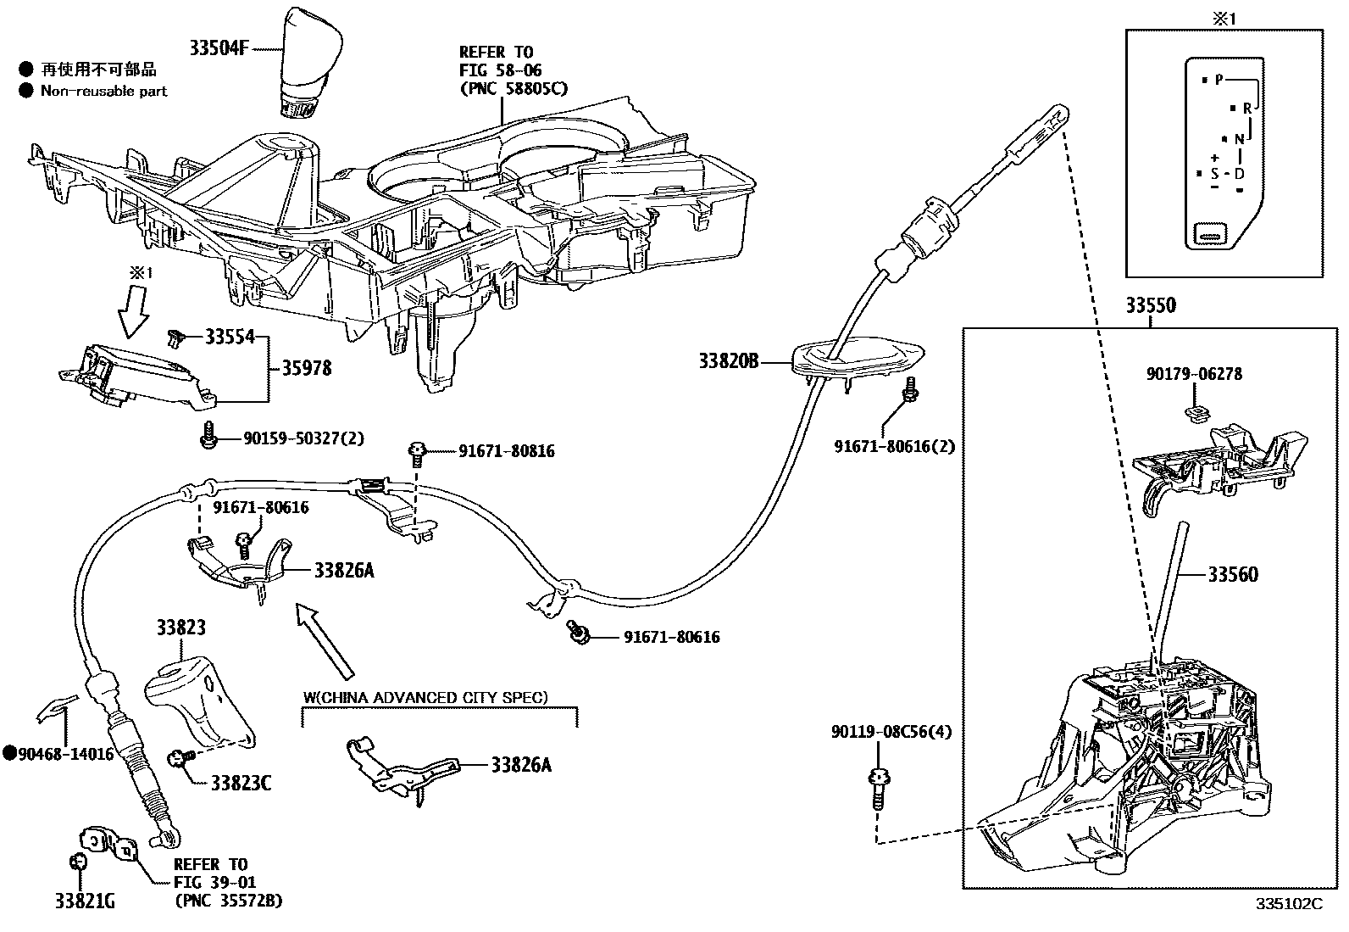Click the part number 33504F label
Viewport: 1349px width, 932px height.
[219, 48]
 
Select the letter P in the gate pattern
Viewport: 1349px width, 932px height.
[1219, 80]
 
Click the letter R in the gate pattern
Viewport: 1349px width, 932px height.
[1246, 109]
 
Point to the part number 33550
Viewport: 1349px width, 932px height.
[1150, 306]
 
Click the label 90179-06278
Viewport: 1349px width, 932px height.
[1195, 374]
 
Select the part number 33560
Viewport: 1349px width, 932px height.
[1233, 575]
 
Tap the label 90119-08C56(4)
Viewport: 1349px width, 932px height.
[891, 731]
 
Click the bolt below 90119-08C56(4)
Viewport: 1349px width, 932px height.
[878, 789]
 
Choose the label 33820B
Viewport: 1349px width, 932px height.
[728, 362]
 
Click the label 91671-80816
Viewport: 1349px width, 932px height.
[507, 451]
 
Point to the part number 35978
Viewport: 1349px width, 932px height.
[306, 369]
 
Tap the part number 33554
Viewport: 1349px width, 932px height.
[229, 338]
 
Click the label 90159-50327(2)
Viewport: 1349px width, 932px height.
[303, 438]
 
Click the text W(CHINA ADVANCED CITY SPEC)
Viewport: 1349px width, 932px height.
[425, 698]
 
